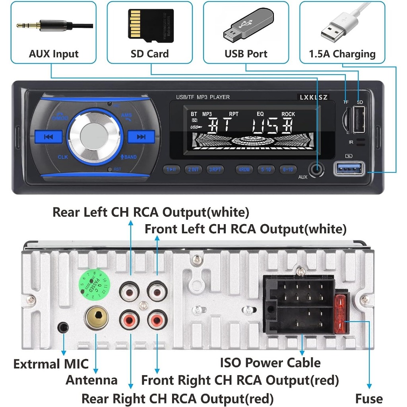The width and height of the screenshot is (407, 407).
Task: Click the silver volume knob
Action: tap(95, 136)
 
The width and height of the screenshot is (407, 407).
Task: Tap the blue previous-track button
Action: tap(48, 137)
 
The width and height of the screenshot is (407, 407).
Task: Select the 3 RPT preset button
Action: tap(215, 169)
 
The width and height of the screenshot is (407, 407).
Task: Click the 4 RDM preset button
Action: tap(244, 169)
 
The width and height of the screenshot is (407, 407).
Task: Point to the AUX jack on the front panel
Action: tap(317, 169)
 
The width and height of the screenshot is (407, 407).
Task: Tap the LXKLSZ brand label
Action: tap(314, 97)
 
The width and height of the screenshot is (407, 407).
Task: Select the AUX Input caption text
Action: tap(54, 54)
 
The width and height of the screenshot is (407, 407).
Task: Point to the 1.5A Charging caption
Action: tap(342, 54)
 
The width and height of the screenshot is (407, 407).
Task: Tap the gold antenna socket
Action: tap(97, 317)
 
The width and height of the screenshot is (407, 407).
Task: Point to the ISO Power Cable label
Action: tap(270, 362)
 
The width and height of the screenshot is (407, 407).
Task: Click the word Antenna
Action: tap(91, 380)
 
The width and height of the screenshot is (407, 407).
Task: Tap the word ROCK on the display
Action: tap(288, 114)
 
